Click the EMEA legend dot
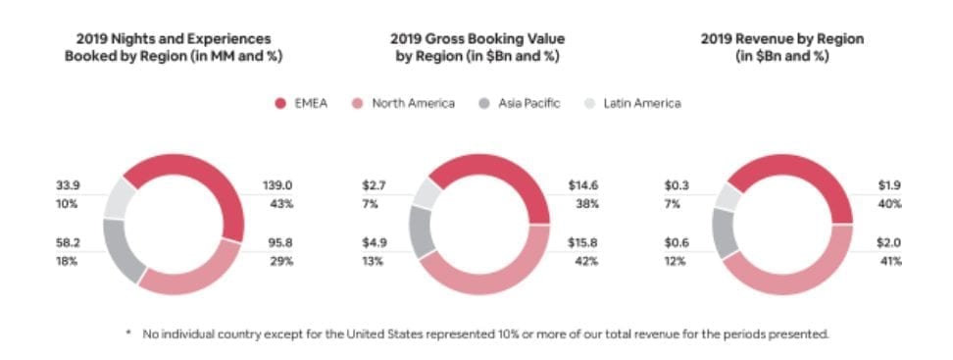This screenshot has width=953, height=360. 279,103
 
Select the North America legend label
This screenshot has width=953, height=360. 413,103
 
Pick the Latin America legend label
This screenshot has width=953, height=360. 641,103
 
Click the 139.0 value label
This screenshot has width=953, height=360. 278,185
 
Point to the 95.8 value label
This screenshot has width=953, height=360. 276,243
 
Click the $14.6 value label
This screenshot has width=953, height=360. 583,185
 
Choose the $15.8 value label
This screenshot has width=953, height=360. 583,243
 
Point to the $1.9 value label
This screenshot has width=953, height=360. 889,185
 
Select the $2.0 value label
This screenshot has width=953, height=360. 889,243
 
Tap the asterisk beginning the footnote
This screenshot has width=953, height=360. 128,334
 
